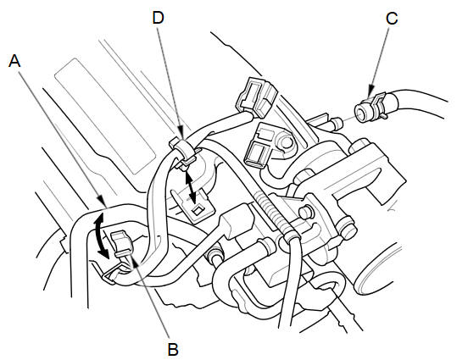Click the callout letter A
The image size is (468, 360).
click(14, 61)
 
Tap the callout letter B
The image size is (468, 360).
click(173, 349)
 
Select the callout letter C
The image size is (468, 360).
click(392, 18)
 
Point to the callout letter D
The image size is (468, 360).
click(159, 18)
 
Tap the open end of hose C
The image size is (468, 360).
click(361, 113)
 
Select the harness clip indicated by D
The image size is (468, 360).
click(182, 152)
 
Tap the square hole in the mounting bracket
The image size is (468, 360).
click(197, 209)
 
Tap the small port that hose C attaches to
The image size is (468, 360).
click(335, 123)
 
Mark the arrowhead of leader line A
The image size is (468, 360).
click(101, 201)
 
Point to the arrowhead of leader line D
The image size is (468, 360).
click(181, 133)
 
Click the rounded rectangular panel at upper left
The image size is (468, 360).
click(104, 116)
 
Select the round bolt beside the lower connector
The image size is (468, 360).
click(286, 142)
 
